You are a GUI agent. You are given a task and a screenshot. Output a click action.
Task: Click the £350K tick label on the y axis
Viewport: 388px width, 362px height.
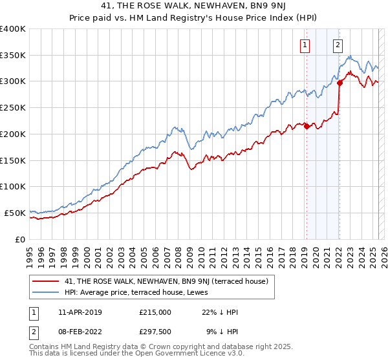tap(13, 55)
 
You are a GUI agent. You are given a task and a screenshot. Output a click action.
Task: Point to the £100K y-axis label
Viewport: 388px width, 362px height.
tap(13, 186)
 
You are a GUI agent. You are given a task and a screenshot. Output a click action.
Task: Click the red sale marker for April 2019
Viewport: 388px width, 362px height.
tap(307, 127)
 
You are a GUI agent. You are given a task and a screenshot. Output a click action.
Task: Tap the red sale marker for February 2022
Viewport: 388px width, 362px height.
tap(339, 83)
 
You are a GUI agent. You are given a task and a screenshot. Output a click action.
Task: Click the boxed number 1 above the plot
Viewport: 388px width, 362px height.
tap(305, 45)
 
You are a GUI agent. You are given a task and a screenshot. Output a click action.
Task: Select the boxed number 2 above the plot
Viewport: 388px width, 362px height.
tap(338, 45)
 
